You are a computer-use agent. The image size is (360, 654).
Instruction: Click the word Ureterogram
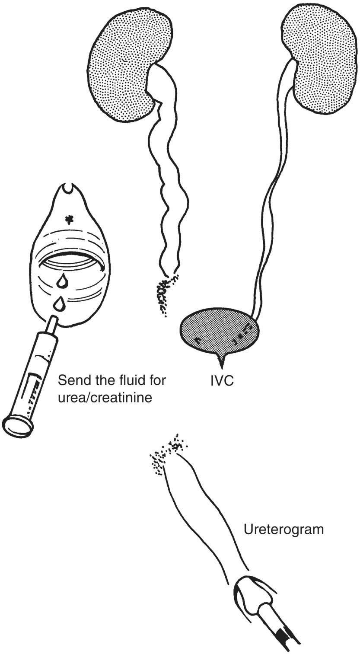pos(284,529)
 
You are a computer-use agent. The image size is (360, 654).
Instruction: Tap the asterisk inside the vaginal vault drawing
pos(68,220)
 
